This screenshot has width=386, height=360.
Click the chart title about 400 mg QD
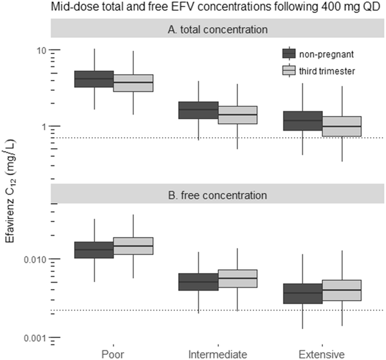pyautogui.click(x=201, y=8)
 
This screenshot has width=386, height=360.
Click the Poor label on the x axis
pyautogui.click(x=113, y=354)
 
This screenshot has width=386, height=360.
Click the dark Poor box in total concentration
pyautogui.click(x=95, y=79)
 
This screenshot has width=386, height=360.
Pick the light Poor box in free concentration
pyautogui.click(x=133, y=246)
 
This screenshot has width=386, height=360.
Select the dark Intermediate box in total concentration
pyautogui.click(x=199, y=110)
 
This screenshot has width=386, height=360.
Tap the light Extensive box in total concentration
pyautogui.click(x=342, y=126)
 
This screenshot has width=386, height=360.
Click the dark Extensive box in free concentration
pyautogui.click(x=302, y=294)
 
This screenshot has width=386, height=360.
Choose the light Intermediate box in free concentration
pyautogui.click(x=237, y=278)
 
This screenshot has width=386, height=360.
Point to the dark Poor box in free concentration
pyautogui.click(x=95, y=250)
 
